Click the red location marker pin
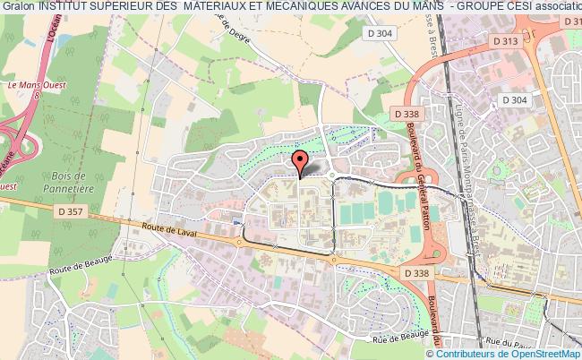(x=300, y=162)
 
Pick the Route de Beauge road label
(x=85, y=266)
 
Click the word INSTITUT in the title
(x=69, y=8)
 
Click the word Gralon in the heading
(x=19, y=8)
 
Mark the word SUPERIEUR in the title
(x=133, y=8)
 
